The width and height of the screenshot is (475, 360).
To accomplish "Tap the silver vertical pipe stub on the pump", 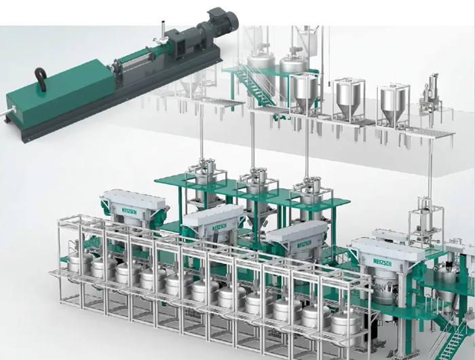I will (x=163, y=29).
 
